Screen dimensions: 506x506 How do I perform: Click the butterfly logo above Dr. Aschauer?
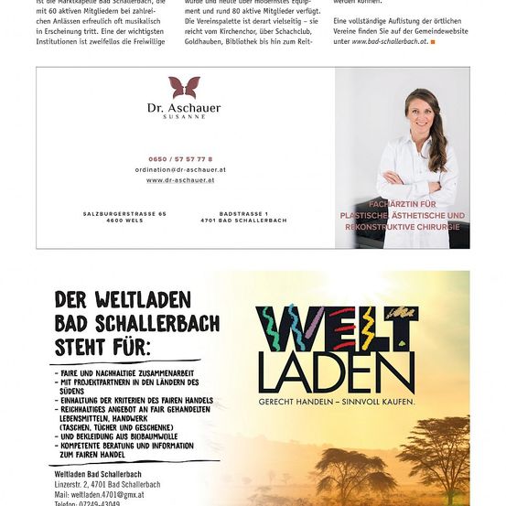point(184,87)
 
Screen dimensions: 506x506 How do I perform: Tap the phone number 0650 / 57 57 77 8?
point(180,159)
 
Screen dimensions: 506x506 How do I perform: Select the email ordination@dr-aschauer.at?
point(180,169)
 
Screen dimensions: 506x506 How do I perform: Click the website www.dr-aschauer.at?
point(180,180)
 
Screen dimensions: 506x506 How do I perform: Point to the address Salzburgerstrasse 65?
point(124,213)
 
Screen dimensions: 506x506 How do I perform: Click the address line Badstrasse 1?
point(243,213)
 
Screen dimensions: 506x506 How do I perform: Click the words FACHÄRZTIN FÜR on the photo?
point(403,204)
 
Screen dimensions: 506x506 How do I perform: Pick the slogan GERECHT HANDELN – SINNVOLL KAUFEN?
point(337,402)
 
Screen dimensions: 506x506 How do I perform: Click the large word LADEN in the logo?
point(337,371)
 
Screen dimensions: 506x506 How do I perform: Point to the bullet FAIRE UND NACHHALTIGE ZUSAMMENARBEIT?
point(125,373)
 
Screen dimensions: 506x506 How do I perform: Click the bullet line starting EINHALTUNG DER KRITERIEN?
point(136,401)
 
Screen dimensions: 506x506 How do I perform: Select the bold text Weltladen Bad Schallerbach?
point(98,474)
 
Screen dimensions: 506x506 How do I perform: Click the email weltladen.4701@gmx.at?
point(101,494)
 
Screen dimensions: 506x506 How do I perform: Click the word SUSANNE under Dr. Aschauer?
point(184,117)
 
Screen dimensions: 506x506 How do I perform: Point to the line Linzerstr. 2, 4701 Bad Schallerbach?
point(107,484)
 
